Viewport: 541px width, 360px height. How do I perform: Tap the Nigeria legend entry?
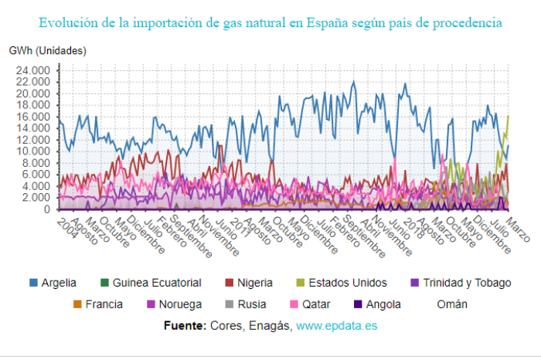250,283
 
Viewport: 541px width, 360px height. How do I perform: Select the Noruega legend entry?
182,304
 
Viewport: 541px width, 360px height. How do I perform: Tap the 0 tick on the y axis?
46,209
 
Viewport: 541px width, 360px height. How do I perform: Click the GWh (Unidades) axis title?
48,51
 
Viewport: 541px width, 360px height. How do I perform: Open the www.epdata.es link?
336,326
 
